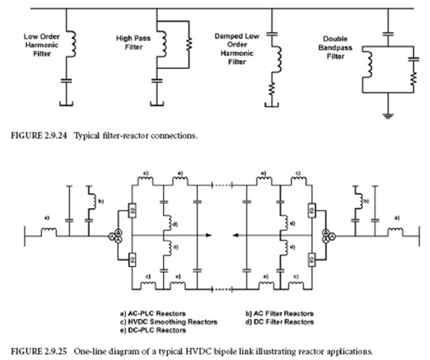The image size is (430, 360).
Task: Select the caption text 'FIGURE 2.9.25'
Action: [x=33, y=349]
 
